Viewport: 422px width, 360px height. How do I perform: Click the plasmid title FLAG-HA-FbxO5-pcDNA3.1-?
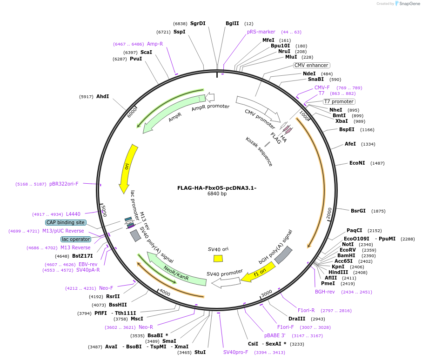coord(217,188)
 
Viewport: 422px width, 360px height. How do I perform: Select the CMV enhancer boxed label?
coord(311,65)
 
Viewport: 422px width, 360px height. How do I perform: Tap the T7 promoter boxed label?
coord(339,101)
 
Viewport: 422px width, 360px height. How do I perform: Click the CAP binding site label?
coord(66,223)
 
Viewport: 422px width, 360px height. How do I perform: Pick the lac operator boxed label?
coord(75,239)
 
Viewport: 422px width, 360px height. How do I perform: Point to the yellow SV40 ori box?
coord(218,258)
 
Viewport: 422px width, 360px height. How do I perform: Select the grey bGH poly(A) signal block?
coord(283,255)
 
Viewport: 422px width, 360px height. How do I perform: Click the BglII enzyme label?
coord(232,23)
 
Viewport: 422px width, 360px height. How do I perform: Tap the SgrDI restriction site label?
coord(198,23)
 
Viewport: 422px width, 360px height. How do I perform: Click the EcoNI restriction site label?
coord(357,163)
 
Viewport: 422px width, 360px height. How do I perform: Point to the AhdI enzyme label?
coord(102,97)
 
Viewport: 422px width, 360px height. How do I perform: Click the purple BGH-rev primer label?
coord(325,292)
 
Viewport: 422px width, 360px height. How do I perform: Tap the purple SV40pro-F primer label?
coord(236,352)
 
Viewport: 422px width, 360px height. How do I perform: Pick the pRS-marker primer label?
coord(261,32)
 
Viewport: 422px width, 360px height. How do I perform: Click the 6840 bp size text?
coord(217,194)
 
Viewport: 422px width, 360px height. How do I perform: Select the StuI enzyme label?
coord(200,352)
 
